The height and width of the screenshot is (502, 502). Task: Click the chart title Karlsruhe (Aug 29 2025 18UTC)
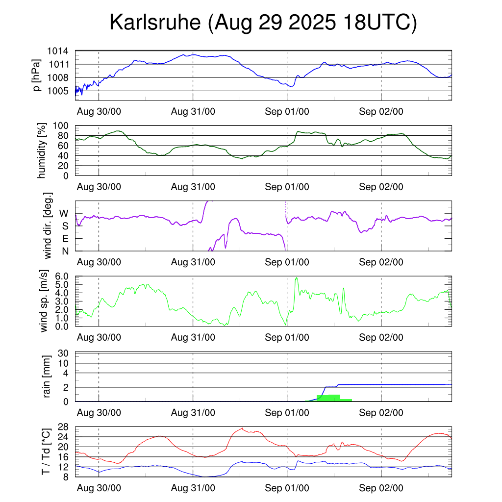coord(263,23)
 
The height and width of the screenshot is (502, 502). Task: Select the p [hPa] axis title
coord(36,75)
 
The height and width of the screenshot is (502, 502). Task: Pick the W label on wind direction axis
coord(64,213)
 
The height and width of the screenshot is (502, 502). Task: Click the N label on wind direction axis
coord(64,251)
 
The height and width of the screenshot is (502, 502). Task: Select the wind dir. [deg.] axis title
coord(48,226)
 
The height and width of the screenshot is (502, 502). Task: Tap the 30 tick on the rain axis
coord(64,353)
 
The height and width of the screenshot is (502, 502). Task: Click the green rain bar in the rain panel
coord(328,398)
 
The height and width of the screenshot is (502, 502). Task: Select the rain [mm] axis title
coord(48,377)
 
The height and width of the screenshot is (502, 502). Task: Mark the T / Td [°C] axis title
coord(46,452)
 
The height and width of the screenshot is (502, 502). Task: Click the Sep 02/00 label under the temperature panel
coord(381,488)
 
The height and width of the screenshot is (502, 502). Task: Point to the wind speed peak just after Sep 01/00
coord(296,278)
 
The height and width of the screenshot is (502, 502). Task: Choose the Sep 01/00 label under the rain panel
coord(287,413)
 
